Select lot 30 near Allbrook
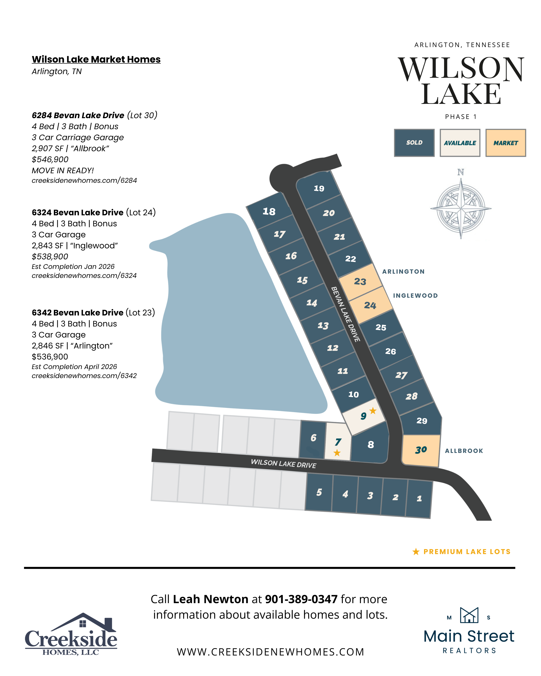pos(421,450)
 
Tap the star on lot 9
pos(373,411)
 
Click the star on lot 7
pos(337,453)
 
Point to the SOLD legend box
pos(414,143)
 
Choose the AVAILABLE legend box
pos(460,143)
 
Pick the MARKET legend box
pos(506,143)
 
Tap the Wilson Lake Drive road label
pos(284,463)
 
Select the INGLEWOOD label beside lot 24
pos(415,296)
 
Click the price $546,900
pos(50,159)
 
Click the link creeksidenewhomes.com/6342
pos(84,376)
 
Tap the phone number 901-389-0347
pos(301,599)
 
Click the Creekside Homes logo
pos(71,634)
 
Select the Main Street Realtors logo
pos(469,631)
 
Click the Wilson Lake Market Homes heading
pos(96,59)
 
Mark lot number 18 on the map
pos(269,212)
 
